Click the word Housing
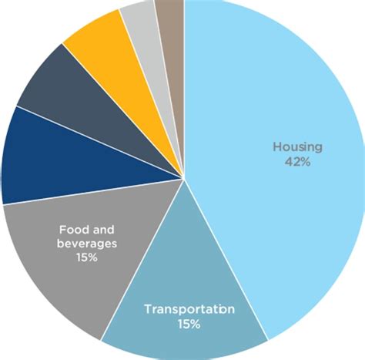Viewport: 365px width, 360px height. (296, 147)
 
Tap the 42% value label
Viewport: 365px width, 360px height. (296, 162)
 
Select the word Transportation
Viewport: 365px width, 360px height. (189, 309)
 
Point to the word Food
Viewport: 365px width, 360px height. (72, 229)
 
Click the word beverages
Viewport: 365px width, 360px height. (86, 243)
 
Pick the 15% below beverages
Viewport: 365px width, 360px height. (86, 257)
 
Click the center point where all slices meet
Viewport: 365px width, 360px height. (184, 179)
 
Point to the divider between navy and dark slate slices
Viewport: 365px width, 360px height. (100, 143)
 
